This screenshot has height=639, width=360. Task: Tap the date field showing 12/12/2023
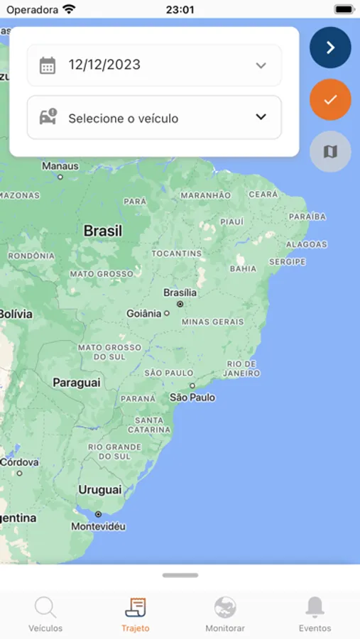click(x=154, y=65)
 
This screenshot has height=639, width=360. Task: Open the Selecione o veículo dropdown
click(x=154, y=118)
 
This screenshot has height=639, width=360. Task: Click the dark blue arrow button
click(x=330, y=48)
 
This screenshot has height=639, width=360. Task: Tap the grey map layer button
click(x=330, y=151)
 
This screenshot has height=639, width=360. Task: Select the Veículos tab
click(x=45, y=614)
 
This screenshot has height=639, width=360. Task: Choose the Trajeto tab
click(x=136, y=614)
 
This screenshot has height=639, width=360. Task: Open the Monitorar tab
click(x=225, y=614)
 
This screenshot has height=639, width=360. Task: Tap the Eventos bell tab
click(x=315, y=614)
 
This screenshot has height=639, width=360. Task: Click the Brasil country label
click(x=103, y=231)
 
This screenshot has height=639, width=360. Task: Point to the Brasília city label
click(x=180, y=293)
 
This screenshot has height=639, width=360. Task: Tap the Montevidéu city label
click(x=99, y=527)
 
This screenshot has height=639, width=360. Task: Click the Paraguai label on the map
click(x=76, y=383)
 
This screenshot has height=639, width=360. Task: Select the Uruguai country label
click(x=100, y=490)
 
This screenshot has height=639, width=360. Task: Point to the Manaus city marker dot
click(x=60, y=177)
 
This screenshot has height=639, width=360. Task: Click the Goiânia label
click(x=144, y=313)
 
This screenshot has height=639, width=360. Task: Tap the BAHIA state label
click(x=243, y=269)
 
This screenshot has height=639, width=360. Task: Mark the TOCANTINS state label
click(x=176, y=253)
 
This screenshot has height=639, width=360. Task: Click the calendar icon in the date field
click(x=48, y=65)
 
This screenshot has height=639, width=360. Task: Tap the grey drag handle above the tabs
click(x=180, y=575)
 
